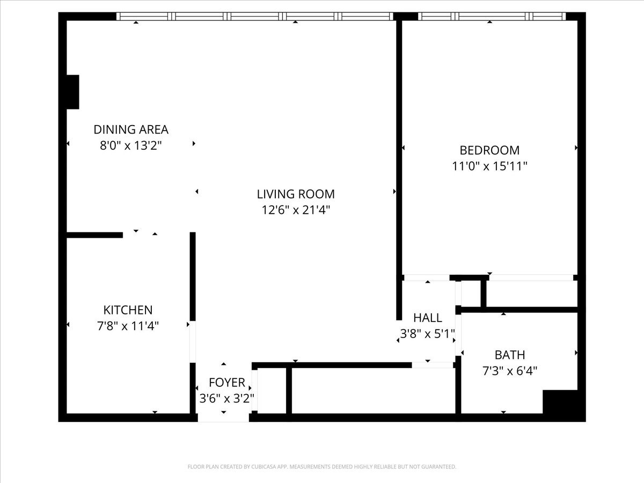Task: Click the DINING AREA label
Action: [131, 130]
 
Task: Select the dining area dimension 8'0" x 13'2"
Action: [131, 145]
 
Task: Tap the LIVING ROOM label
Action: [296, 194]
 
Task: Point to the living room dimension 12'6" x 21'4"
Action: [296, 210]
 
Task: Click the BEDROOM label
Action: [489, 150]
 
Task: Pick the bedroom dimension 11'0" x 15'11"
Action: [489, 166]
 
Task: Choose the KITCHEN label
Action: [128, 310]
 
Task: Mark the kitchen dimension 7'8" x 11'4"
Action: [128, 326]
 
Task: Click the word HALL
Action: [428, 318]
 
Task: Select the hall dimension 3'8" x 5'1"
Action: [428, 334]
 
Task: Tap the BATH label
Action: [510, 355]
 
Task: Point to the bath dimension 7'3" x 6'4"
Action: [510, 371]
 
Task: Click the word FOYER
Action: [227, 383]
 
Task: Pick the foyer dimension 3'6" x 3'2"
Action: [227, 399]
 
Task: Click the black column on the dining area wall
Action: [73, 92]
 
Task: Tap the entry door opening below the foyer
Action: [223, 418]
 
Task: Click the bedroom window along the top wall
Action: [492, 17]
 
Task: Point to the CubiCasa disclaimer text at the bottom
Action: [322, 466]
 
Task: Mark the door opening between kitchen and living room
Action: [193, 342]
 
